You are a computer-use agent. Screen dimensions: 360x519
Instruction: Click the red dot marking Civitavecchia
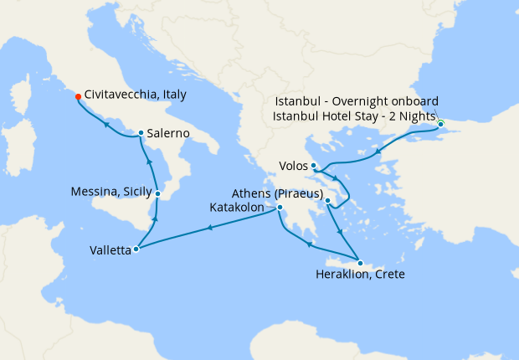[x=78, y=96]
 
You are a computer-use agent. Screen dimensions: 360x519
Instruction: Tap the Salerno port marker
[x=141, y=133]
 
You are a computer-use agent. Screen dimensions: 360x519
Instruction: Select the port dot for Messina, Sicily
[x=157, y=193]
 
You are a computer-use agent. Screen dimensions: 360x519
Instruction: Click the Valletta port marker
[x=136, y=249]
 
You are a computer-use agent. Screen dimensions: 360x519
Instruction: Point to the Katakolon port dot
[x=280, y=208]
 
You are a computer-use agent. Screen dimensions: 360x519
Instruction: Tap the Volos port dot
[x=313, y=165]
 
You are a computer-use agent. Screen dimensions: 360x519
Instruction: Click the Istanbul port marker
[x=441, y=125]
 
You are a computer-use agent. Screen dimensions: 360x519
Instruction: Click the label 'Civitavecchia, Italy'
[x=138, y=96]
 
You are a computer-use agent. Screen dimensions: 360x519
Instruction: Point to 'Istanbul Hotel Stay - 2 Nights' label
[x=355, y=116]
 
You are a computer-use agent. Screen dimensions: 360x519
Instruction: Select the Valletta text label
[x=109, y=249]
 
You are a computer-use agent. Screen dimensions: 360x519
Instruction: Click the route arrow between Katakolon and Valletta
[x=208, y=228]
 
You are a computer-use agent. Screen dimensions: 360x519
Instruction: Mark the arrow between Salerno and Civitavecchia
[x=106, y=124]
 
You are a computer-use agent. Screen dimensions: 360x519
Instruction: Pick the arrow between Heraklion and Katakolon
[x=310, y=244]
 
